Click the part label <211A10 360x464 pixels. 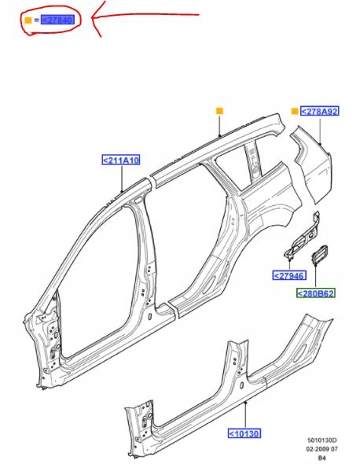[x=121, y=160]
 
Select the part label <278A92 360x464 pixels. [x=319, y=111]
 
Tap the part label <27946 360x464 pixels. [x=289, y=275]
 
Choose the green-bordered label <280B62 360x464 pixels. [x=316, y=293]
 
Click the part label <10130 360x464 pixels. [x=244, y=433]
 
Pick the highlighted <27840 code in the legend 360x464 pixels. [x=57, y=20]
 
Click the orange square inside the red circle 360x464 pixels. [x=28, y=20]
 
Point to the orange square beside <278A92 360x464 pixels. [x=295, y=111]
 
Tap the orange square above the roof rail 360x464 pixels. [x=219, y=111]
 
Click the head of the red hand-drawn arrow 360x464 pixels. [x=92, y=17]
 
